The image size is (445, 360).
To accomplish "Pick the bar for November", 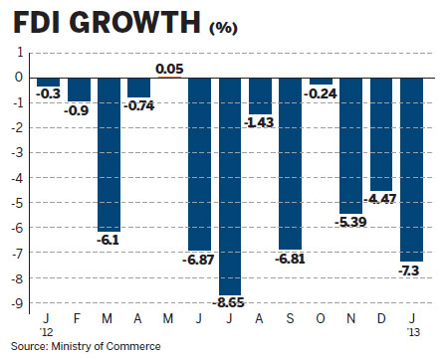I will click(350, 144).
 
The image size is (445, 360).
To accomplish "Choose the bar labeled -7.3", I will click(411, 168).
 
